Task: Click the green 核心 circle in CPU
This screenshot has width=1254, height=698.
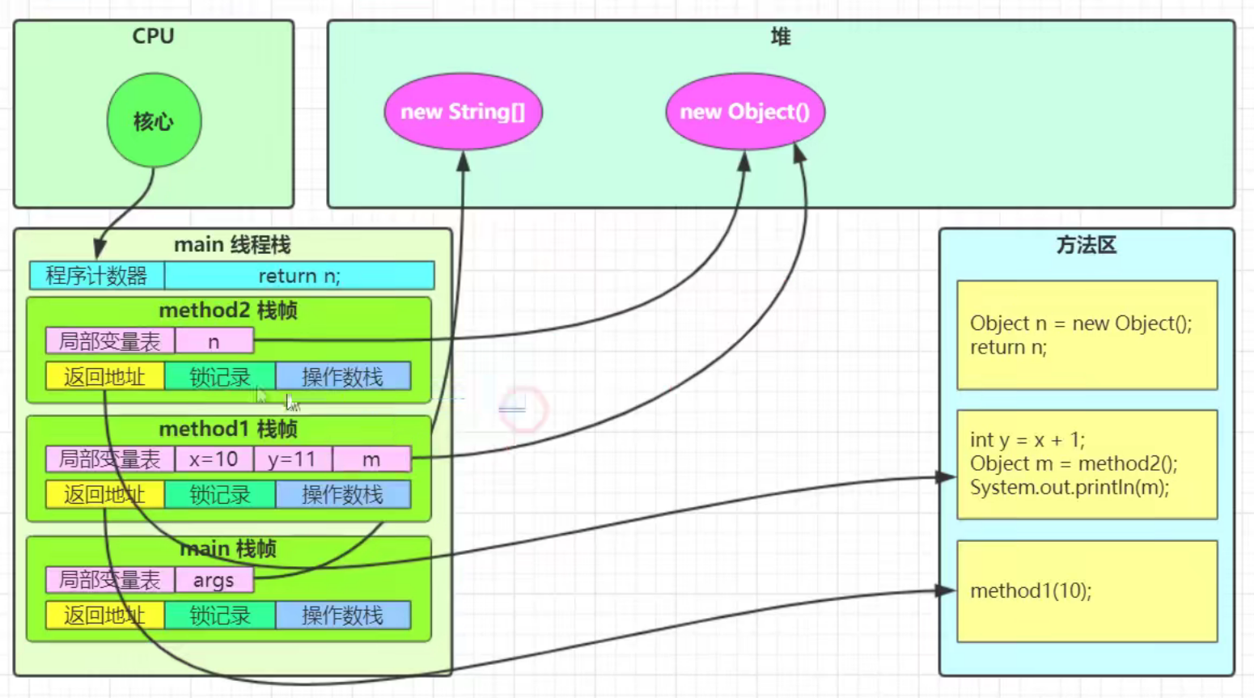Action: pyautogui.click(x=154, y=121)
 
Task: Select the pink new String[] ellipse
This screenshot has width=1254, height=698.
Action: pyautogui.click(x=463, y=112)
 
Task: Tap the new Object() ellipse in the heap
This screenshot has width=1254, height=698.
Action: pyautogui.click(x=744, y=112)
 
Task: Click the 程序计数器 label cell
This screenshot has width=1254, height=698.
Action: pyautogui.click(x=96, y=276)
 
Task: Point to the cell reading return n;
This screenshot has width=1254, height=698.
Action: pyautogui.click(x=299, y=276)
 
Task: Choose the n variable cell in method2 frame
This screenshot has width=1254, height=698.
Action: pyautogui.click(x=214, y=341)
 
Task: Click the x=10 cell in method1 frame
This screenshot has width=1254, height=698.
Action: pyautogui.click(x=214, y=459)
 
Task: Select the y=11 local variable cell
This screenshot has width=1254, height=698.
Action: pyautogui.click(x=292, y=459)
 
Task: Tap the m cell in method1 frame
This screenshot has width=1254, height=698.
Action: pyautogui.click(x=371, y=459)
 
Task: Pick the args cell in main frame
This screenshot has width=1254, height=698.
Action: pyautogui.click(x=214, y=580)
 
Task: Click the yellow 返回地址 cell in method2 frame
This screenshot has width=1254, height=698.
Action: pyautogui.click(x=104, y=377)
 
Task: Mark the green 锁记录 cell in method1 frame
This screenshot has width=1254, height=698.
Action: pyautogui.click(x=220, y=495)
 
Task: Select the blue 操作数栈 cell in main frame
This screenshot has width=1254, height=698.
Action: pyautogui.click(x=343, y=616)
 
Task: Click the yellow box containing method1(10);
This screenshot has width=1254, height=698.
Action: pyautogui.click(x=1087, y=591)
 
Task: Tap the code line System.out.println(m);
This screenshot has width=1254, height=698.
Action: pyautogui.click(x=1070, y=488)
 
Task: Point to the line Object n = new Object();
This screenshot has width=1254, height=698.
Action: pyautogui.click(x=1081, y=324)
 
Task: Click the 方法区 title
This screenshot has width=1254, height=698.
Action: pyautogui.click(x=1086, y=245)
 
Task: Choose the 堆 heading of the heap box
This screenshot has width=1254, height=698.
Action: pyautogui.click(x=780, y=36)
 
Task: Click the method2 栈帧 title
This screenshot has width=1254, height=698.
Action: pyautogui.click(x=228, y=311)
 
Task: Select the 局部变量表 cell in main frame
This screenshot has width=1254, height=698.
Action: pyautogui.click(x=110, y=580)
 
